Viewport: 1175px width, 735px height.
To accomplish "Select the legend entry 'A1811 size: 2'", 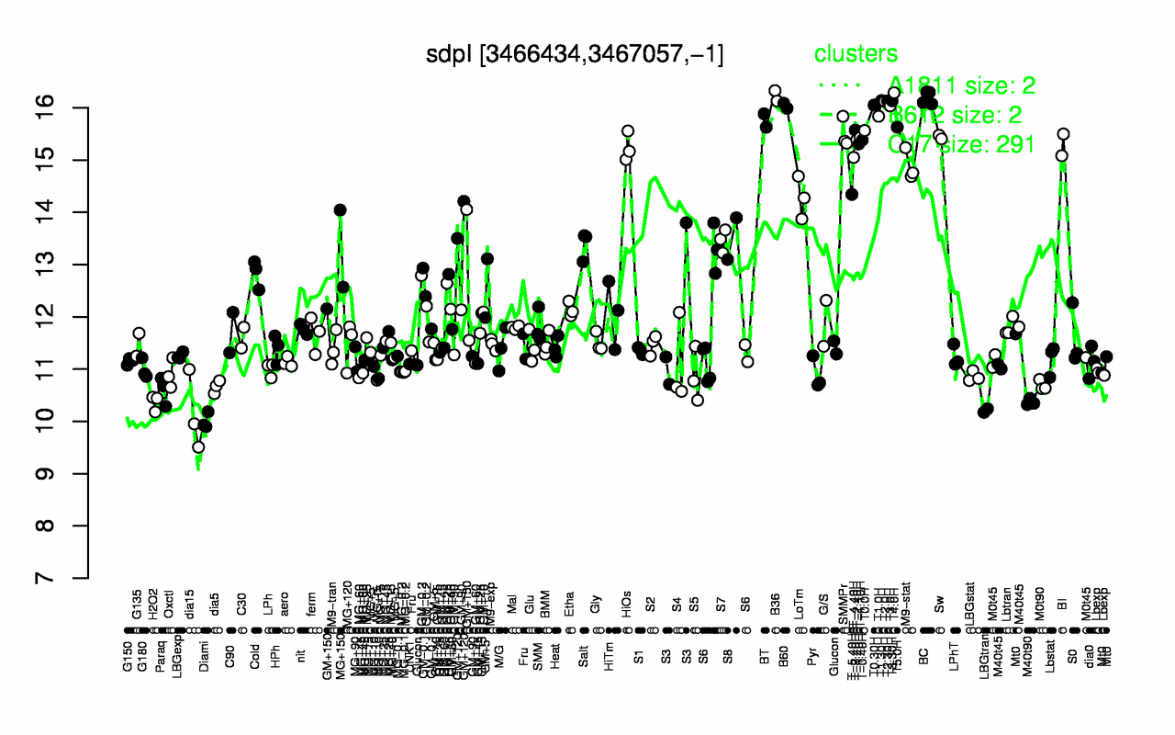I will [964, 86].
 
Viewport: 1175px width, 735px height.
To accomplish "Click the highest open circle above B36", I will [774, 91].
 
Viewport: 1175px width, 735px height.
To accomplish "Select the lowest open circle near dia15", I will [198, 447].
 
